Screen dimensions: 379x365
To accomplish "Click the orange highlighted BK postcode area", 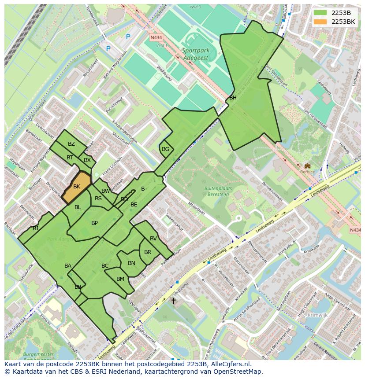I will (x=77, y=187).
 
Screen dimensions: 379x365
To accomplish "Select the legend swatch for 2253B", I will (x=320, y=13).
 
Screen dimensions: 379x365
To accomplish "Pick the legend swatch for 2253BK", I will (x=320, y=22).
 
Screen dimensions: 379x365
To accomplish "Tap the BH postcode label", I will (x=233, y=98).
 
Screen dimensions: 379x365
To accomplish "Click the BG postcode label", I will (x=165, y=149).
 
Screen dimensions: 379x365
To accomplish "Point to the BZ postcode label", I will (x=71, y=144).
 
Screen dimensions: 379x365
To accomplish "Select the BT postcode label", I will (x=70, y=158).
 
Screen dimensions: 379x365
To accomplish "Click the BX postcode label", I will (x=87, y=160).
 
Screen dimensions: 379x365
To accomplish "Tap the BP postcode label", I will (x=94, y=223).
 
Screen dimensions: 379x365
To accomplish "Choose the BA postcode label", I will (x=68, y=266).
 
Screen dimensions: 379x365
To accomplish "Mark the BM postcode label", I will (x=120, y=279).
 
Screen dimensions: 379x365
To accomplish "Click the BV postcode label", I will (x=153, y=239).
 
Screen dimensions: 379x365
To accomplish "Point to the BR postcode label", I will (x=148, y=252).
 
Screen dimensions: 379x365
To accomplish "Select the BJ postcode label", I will (x=35, y=228).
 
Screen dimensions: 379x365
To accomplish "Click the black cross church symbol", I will (x=173, y=301).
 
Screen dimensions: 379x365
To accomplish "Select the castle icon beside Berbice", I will (x=307, y=166).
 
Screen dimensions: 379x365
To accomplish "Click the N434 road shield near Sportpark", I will (x=156, y=37).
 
